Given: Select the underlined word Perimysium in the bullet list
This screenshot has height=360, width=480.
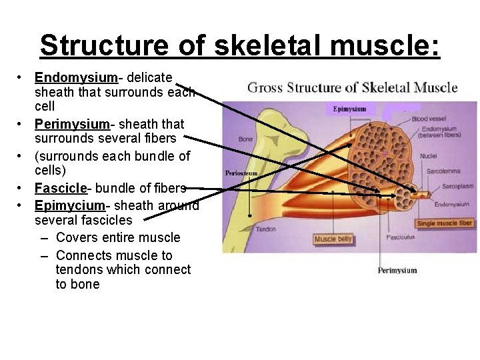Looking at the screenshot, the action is tap(73, 124).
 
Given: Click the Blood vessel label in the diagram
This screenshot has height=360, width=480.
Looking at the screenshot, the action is tap(429, 119).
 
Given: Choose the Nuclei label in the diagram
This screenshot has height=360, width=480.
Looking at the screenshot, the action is tap(429, 156).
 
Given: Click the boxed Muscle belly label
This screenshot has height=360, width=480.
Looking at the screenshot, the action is tap(333, 239).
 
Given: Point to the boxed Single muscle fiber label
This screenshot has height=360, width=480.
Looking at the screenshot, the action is tap(445, 223).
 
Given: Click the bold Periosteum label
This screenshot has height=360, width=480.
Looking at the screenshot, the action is tap(241, 173).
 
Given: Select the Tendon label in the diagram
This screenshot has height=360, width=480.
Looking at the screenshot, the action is tap(265, 229).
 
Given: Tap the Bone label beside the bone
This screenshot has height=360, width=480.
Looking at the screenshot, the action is tap(245, 139).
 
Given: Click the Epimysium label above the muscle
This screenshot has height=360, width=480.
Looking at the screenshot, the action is tap(349, 109).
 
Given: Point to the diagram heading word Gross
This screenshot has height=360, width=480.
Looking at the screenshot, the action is tap(264, 87).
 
